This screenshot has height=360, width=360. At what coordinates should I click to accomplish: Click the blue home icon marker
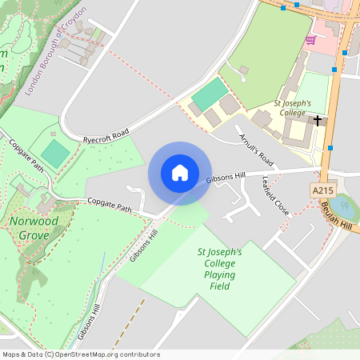point(179,173)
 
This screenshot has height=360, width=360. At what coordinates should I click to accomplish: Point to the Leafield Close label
point(274,197)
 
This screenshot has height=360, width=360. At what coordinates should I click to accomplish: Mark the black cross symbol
point(318,121)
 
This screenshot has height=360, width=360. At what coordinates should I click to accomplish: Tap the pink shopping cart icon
point(310,39)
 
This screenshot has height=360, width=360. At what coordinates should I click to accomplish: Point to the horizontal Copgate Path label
point(109,204)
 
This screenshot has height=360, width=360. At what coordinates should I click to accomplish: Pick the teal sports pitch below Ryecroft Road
point(54,153)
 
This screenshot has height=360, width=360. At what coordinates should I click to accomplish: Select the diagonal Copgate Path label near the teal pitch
point(26,154)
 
